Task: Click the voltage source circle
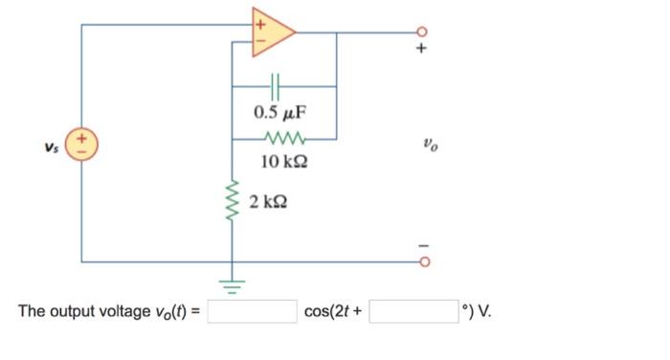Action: click(81, 146)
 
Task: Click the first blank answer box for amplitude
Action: click(252, 312)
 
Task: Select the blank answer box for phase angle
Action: click(413, 312)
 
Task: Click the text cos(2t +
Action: click(333, 312)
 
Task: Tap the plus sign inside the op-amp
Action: click(257, 20)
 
